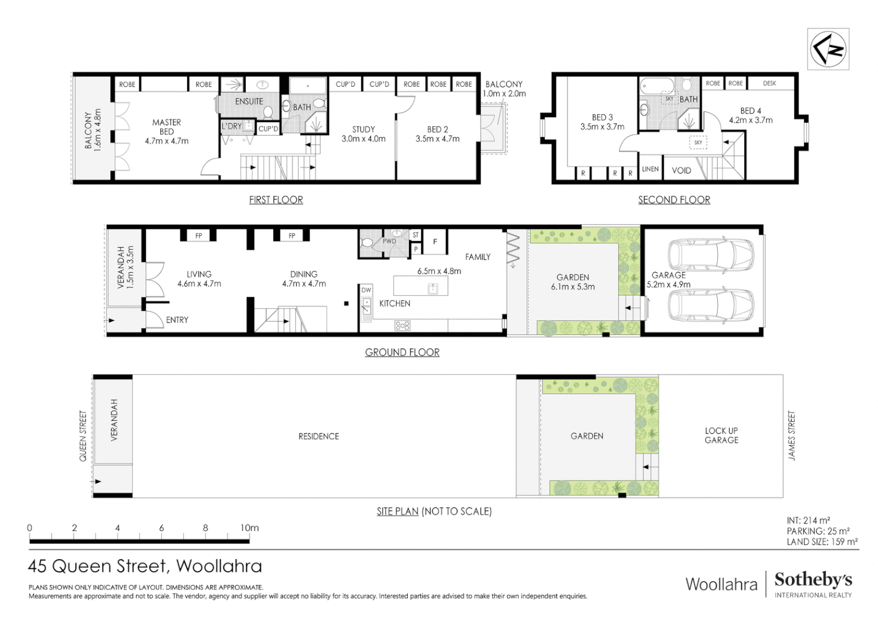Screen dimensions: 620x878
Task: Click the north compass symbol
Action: tap(827, 49)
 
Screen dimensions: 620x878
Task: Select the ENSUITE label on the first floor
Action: tap(249, 102)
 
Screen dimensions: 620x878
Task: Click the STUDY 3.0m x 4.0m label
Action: tap(363, 134)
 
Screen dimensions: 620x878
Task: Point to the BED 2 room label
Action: tap(438, 134)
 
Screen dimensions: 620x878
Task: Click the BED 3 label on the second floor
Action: tap(602, 122)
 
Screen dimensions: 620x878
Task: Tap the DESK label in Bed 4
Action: tap(769, 84)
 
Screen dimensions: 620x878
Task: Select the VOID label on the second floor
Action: tap(682, 170)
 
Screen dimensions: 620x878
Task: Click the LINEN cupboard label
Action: tap(650, 169)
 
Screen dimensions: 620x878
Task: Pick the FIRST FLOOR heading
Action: tap(276, 200)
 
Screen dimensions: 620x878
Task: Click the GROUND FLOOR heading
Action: tap(402, 352)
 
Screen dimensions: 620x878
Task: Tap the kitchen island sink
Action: tap(433, 288)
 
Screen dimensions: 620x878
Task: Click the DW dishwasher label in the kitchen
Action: tap(366, 290)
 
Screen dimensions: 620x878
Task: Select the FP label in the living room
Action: tap(199, 236)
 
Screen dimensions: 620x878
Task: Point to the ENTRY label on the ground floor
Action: tap(177, 320)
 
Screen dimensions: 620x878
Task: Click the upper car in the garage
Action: tap(711, 255)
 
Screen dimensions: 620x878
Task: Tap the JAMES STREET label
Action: tap(792, 436)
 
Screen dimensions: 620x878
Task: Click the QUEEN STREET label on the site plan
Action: tap(83, 436)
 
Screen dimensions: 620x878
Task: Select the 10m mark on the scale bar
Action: tap(249, 528)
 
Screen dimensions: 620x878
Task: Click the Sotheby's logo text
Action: tap(813, 580)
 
